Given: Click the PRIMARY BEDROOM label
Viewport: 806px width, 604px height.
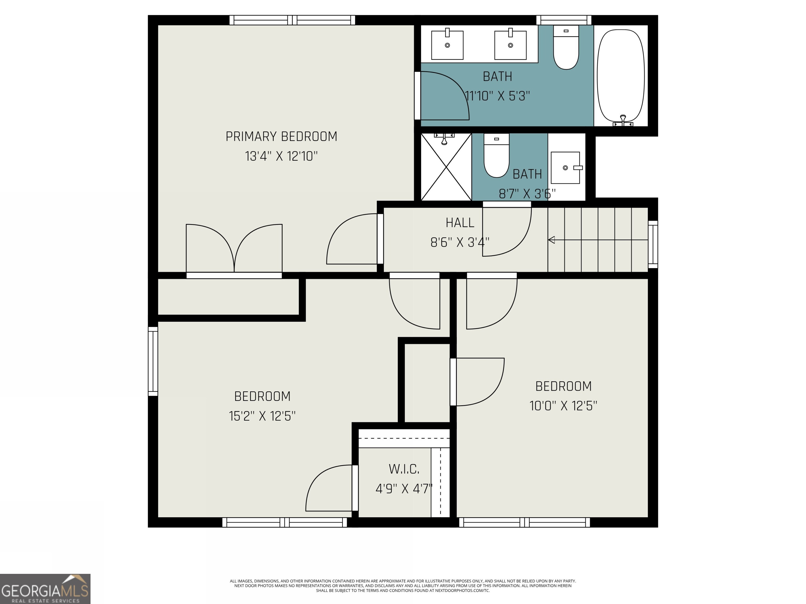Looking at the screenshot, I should (x=281, y=137).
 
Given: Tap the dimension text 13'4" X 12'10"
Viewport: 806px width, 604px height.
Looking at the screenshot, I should (x=281, y=156).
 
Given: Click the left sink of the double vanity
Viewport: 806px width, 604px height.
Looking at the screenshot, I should (x=447, y=45).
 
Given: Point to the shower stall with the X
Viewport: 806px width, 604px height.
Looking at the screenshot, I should (x=446, y=167).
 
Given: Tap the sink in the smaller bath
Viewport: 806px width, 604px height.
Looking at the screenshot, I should (x=565, y=168).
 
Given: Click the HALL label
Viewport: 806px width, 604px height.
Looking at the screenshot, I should (x=460, y=223).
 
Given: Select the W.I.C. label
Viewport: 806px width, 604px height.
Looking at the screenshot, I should (x=404, y=469).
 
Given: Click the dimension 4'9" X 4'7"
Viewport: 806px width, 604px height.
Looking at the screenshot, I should (x=404, y=488).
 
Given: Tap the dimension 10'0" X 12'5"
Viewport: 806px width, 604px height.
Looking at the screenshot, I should (x=563, y=406).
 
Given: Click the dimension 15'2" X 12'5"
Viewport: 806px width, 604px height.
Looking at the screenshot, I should (x=262, y=416).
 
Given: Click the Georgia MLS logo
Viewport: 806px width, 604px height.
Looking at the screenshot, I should (x=45, y=589).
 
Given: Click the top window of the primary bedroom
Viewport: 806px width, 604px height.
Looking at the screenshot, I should (x=292, y=20).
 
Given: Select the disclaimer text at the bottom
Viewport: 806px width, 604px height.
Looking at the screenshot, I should (x=403, y=585).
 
